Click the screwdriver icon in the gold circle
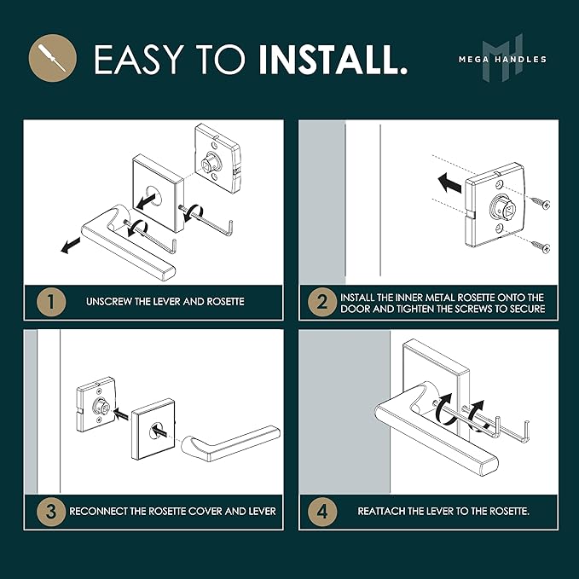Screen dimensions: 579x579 pos(53,58)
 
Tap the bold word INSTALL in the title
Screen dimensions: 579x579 pos(333,60)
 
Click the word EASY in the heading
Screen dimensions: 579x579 pos(139,60)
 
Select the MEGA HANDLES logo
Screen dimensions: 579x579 pos(502,58)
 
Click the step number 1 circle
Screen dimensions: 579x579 pos(51,302)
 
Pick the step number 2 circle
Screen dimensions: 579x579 pos(322,302)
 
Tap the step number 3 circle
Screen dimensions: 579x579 pos(51,512)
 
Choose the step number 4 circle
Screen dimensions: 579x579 pos(322,512)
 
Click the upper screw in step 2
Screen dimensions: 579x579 pos(541,202)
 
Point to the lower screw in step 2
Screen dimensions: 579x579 pos(541,246)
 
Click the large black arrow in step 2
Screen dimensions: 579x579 pos(449,182)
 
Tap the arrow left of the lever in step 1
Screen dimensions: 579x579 pos(71,246)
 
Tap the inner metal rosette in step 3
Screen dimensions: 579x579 pos(96,405)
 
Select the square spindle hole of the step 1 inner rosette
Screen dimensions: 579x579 pos(207,163)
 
